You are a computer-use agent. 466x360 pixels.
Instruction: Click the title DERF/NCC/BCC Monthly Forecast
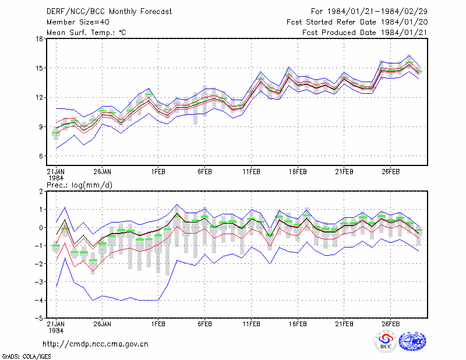109,12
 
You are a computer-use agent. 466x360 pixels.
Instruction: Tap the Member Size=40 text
78,22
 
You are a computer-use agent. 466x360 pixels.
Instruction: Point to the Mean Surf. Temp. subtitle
86,33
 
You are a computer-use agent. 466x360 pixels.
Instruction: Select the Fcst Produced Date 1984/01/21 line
365,33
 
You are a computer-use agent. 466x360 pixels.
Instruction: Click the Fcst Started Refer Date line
357,22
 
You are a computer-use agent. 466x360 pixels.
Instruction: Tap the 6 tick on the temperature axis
41,156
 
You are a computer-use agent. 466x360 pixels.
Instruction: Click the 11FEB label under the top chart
252,172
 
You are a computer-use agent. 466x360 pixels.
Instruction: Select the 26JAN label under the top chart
103,172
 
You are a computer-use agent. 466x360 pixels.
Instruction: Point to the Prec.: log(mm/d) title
79,185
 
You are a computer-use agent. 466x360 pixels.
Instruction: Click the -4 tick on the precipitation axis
38,300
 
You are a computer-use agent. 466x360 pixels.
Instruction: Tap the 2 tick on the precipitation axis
41,192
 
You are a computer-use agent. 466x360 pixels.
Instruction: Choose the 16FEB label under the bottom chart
298,324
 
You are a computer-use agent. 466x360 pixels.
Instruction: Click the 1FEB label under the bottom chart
158,324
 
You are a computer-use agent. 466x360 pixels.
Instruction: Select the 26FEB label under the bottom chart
391,324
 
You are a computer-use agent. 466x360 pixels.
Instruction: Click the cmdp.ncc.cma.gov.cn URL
96,344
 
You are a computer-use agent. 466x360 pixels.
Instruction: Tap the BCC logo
386,342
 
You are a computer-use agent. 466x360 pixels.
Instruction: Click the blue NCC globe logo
412,341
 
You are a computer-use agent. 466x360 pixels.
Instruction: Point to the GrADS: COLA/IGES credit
26,357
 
